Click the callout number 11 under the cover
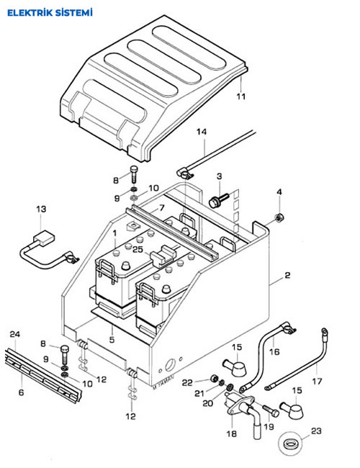coord(241,96)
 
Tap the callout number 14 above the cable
coord(202,132)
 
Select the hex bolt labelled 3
coord(219,199)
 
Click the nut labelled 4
coord(279,218)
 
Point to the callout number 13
coord(42,209)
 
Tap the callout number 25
coord(138,249)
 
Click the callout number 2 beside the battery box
coord(287,275)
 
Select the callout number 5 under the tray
coord(112,339)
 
